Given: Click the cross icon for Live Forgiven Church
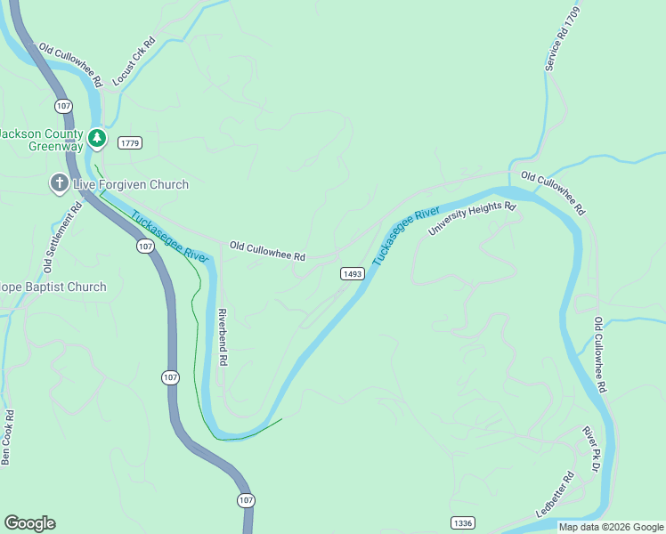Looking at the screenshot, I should (x=59, y=184).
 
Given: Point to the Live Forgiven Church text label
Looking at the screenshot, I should (x=130, y=184).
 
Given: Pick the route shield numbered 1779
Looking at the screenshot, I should (x=130, y=142).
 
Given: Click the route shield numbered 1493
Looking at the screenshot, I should (x=352, y=274).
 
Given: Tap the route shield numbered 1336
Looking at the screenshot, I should (x=462, y=522).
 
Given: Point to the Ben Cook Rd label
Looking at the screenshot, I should (x=8, y=437).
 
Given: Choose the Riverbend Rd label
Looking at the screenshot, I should (x=223, y=338).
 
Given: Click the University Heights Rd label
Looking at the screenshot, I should (x=472, y=219).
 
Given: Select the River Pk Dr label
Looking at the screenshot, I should (x=590, y=449).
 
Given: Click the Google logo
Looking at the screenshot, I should (x=29, y=523).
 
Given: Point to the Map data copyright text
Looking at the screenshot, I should (x=611, y=527).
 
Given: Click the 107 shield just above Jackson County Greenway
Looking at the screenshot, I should (x=62, y=106).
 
